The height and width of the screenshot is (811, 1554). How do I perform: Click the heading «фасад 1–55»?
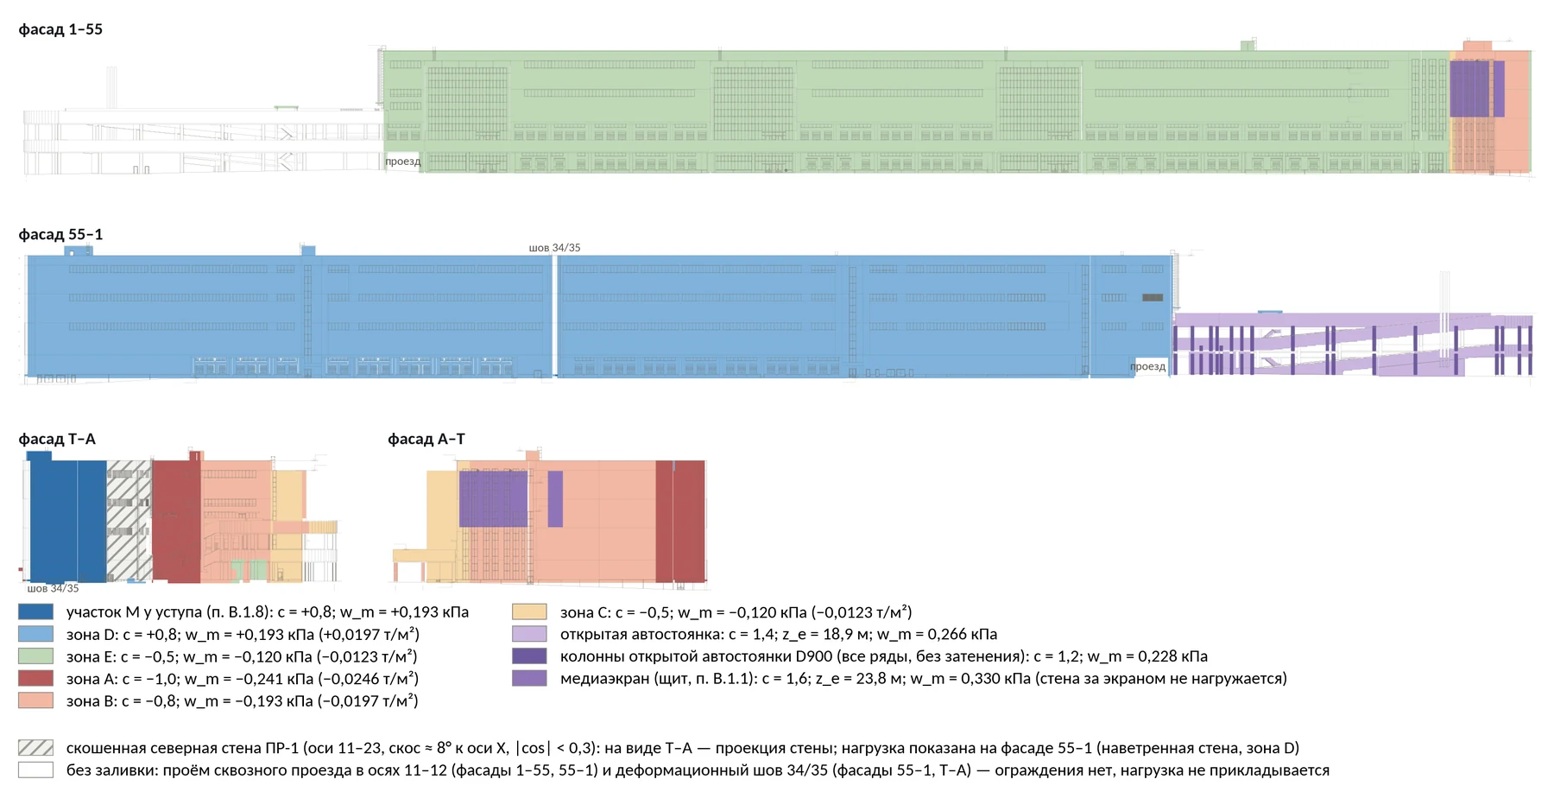[x=60, y=29]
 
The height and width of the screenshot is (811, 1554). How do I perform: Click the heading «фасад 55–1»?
[x=60, y=234]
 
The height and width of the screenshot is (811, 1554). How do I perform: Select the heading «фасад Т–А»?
[x=57, y=439]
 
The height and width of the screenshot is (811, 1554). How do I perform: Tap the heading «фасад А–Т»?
[x=426, y=439]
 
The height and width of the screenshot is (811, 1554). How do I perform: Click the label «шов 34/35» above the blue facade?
[x=554, y=248]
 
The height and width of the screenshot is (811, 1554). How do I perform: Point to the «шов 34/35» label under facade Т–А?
[x=53, y=588]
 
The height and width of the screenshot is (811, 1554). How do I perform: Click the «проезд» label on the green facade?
[x=402, y=162]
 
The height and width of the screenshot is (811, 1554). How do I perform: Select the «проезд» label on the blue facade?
[x=1147, y=366]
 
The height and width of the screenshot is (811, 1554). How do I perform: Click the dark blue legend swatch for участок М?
[x=35, y=611]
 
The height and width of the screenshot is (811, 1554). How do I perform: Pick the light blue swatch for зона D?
[x=35, y=634]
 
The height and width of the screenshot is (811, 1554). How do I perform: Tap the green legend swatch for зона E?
[x=35, y=656]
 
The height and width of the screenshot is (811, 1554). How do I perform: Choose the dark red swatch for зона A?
[x=35, y=679]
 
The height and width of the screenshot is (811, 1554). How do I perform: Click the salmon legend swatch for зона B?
[x=35, y=700]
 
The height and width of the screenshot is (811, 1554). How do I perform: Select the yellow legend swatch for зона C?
[x=529, y=611]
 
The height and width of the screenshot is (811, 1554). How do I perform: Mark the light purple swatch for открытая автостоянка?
[x=529, y=634]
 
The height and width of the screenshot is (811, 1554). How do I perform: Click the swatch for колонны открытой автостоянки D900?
[x=529, y=656]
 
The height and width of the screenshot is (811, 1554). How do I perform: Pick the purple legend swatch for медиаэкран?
[x=529, y=679]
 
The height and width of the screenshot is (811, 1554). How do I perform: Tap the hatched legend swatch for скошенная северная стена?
[x=35, y=748]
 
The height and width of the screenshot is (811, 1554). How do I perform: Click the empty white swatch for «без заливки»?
[x=35, y=770]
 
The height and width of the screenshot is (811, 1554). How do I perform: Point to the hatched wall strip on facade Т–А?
[x=129, y=521]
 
